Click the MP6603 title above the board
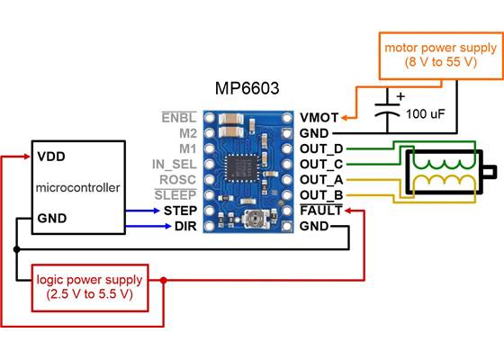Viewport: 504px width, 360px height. [x=247, y=89]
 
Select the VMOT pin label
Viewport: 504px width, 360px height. [x=319, y=117]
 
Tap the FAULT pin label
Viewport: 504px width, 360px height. [x=321, y=211]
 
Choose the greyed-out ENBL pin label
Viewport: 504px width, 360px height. [x=178, y=117]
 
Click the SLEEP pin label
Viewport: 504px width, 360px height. [x=175, y=195]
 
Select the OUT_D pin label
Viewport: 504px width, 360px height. [x=322, y=148]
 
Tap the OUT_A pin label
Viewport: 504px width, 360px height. [x=322, y=179]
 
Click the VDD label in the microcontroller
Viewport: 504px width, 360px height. [x=50, y=156]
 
